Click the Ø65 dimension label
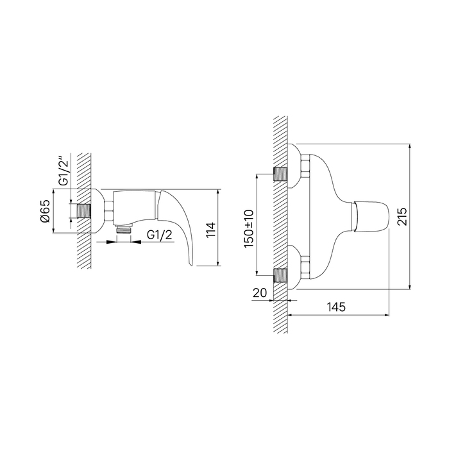coord(46,211)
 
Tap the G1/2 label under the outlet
coord(160,235)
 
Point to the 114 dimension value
coord(210,230)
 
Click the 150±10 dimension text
coord(248,228)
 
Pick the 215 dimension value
coord(402,217)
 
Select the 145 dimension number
coord(337,307)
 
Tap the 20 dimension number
coord(260,292)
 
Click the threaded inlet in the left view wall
coord(83,211)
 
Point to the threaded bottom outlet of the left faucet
coord(124,230)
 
